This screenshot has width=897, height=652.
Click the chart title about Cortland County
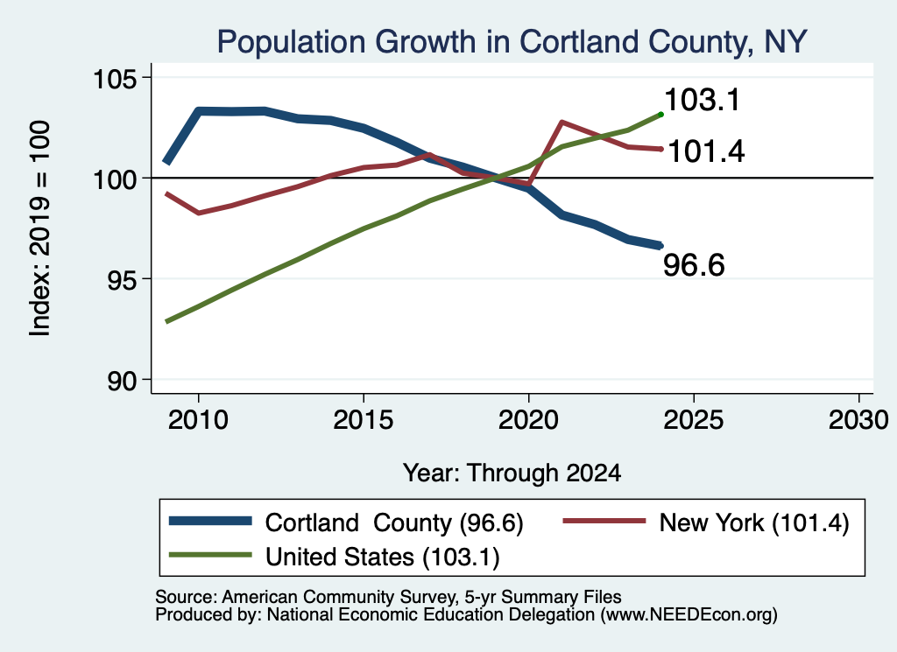tap(512, 42)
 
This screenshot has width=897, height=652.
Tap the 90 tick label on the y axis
tap(123, 380)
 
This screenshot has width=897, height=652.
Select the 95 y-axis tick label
tap(123, 279)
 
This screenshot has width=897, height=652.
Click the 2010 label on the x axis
tap(198, 420)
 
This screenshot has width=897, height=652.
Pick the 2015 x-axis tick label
tap(364, 420)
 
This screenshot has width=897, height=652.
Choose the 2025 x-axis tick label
tap(694, 420)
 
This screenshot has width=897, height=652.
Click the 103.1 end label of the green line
tap(703, 100)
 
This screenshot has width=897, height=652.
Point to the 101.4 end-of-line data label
tap(707, 152)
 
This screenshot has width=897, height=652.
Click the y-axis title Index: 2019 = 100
tap(40, 228)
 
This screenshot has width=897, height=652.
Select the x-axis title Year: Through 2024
tap(512, 473)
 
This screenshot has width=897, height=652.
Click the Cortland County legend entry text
tap(394, 523)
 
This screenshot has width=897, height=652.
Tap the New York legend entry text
tap(754, 523)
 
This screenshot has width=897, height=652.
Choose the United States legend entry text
tap(383, 557)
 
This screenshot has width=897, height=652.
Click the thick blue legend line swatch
tap(210, 521)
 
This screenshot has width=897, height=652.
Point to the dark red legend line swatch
tap(604, 521)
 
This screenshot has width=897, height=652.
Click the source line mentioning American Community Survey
tap(388, 597)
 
